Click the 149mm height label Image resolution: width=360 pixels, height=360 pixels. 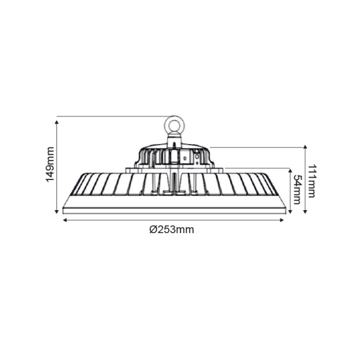coord(50,166)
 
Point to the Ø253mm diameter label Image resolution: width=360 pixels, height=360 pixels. coord(171,229)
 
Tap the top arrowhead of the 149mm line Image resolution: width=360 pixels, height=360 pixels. coord(57,119)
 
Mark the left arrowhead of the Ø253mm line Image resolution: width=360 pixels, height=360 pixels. coord(64,220)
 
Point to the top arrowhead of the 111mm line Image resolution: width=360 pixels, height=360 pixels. coord(305,150)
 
